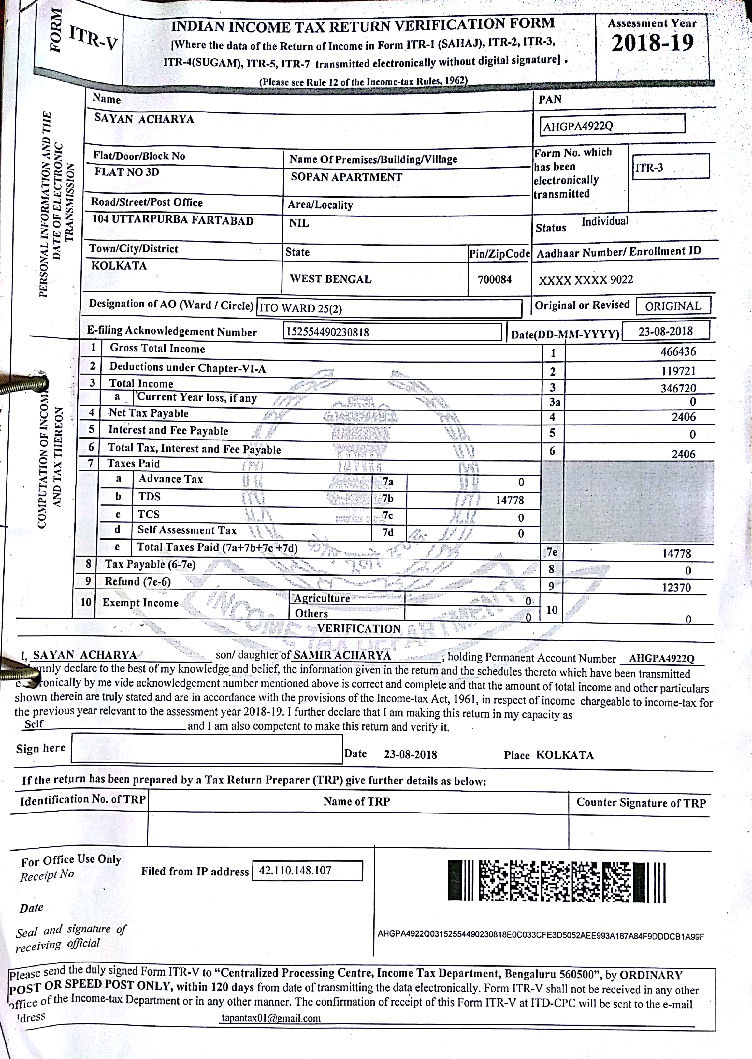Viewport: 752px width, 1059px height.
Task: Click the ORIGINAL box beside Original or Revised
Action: click(x=673, y=306)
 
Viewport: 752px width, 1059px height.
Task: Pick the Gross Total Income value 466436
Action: click(x=678, y=351)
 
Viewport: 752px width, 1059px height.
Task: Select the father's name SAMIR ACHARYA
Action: click(x=342, y=655)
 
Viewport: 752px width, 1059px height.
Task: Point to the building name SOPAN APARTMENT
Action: click(x=346, y=177)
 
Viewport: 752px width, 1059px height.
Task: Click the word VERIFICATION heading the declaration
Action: click(x=358, y=629)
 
